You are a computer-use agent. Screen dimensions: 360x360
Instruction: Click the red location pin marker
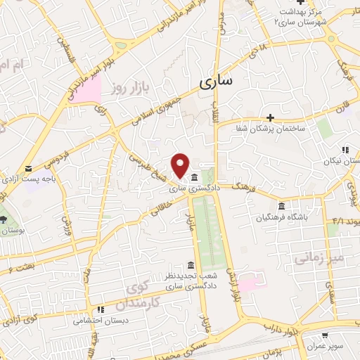[180, 165]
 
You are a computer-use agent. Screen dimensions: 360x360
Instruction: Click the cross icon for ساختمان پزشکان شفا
[270, 117]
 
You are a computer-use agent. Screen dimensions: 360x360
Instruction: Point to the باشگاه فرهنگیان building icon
[281, 206]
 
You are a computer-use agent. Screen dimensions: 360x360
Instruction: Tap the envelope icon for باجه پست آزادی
[29, 169]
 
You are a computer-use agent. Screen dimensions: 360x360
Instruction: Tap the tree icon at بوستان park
[4, 219]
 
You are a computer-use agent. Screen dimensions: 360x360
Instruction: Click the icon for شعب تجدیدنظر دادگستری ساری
[190, 264]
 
